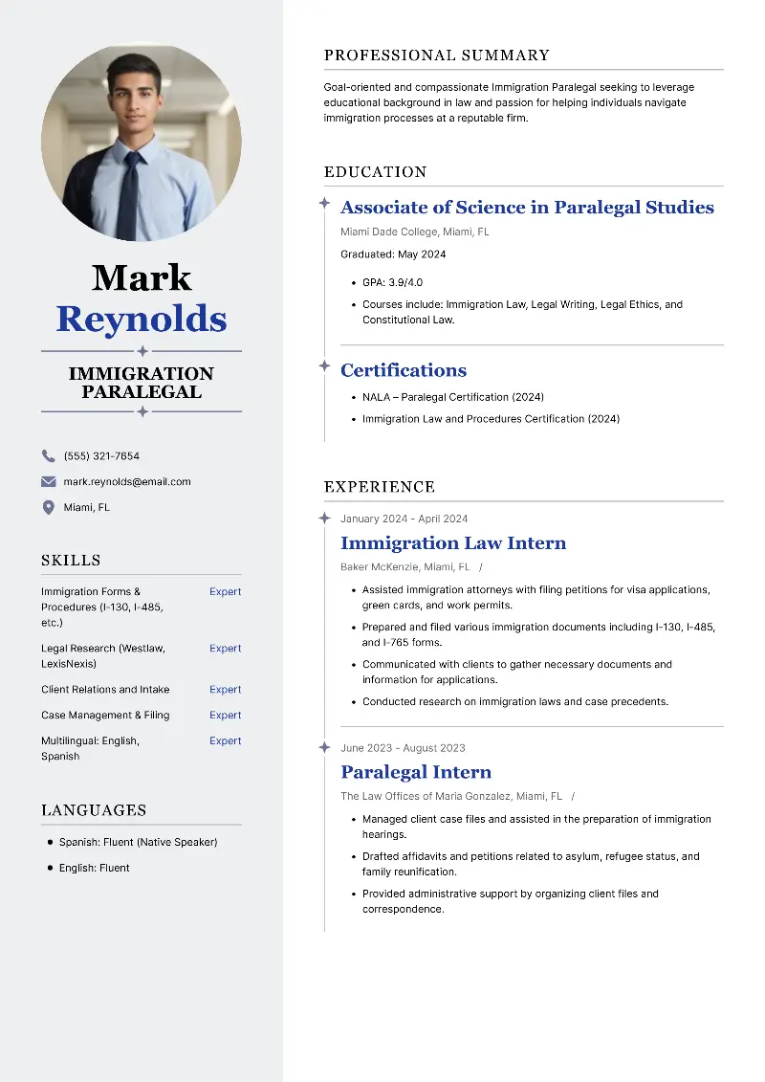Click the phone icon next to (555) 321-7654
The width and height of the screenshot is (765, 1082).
pos(48,456)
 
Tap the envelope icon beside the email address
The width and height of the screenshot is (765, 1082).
pos(48,482)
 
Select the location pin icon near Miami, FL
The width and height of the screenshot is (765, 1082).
pos(48,508)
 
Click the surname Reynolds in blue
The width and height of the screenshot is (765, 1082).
pos(142,319)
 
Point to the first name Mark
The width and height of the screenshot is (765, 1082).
pos(142,278)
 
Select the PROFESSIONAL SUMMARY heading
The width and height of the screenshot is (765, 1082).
pos(437,55)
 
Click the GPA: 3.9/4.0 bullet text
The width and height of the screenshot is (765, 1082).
pos(392,282)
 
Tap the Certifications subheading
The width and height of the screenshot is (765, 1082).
pos(404,370)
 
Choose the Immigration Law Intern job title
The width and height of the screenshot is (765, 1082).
pos(453,543)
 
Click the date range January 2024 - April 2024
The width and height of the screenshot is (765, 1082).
pos(404,519)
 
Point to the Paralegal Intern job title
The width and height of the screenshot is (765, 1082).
pos(416,772)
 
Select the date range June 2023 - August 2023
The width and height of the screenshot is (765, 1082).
pos(403,748)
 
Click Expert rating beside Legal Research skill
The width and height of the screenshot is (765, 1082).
pos(226,649)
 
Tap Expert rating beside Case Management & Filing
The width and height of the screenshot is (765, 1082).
pos(226,716)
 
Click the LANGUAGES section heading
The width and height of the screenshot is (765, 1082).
pos(94,810)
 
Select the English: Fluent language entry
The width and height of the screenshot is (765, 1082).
pos(94,868)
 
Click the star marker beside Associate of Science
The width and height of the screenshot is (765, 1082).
pos(324,204)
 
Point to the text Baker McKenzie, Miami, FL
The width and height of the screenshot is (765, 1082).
pos(404,567)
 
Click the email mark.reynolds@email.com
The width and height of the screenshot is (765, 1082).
pos(127,482)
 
